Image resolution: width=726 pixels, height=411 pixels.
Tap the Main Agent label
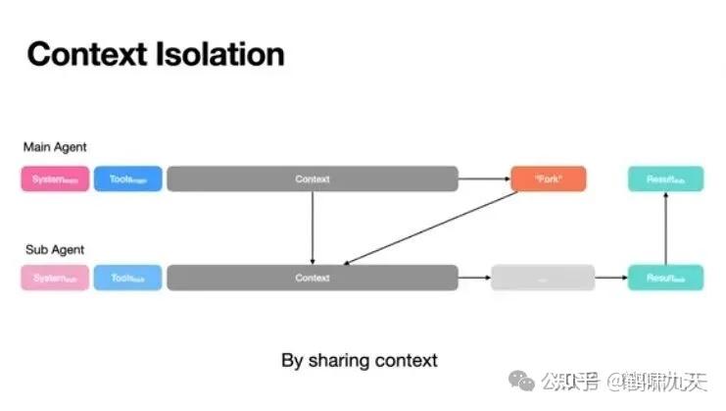pos(56,147)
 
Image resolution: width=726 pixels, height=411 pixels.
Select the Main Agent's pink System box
pos(55,180)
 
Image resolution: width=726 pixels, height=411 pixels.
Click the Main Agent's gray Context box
pos(312,180)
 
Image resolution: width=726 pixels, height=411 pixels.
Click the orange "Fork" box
pos(549,180)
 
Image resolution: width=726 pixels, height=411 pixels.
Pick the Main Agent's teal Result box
pos(665,180)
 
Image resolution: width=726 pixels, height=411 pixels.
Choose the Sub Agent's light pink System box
pos(55,279)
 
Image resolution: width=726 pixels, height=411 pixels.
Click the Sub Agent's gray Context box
pos(312,279)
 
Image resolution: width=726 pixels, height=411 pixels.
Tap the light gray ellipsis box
pos(543,279)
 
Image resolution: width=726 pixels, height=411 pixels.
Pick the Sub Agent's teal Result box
pos(665,279)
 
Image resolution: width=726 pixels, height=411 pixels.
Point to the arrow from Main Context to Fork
pos(484,180)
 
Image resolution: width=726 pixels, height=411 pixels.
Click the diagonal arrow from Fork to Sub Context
pos(431,229)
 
